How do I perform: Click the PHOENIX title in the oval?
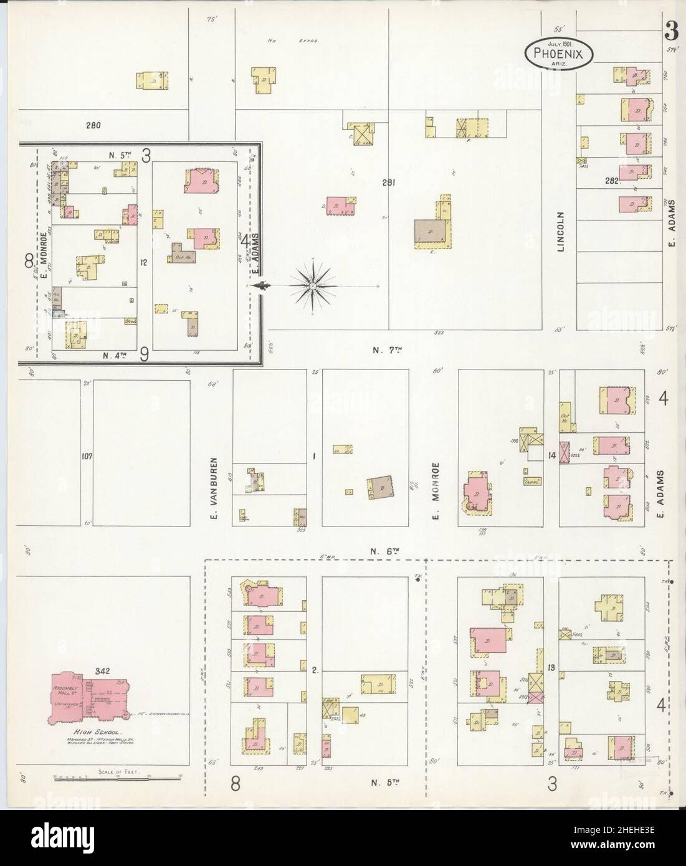(557, 54)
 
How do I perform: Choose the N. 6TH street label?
(383, 551)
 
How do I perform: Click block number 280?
(93, 125)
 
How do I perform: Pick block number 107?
(86, 457)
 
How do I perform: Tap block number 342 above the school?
(103, 671)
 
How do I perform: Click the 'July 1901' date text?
(560, 43)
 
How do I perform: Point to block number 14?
(551, 456)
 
